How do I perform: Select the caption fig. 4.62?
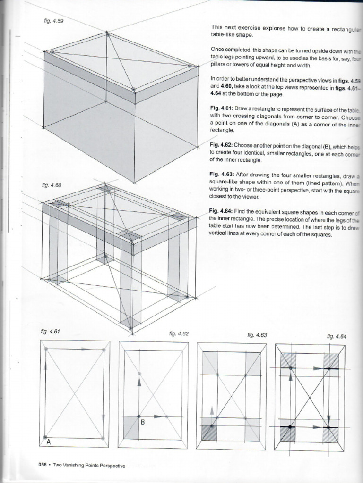coord(179,333)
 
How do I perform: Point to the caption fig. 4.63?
coord(257,335)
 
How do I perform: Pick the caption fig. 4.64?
coord(337,336)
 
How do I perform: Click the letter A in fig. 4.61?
coord(48,442)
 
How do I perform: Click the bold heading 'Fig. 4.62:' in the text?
coord(221,146)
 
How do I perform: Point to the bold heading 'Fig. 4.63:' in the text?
coord(221,174)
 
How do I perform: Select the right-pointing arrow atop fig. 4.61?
coord(84,349)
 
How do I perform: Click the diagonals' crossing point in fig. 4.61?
coord(75,393)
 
